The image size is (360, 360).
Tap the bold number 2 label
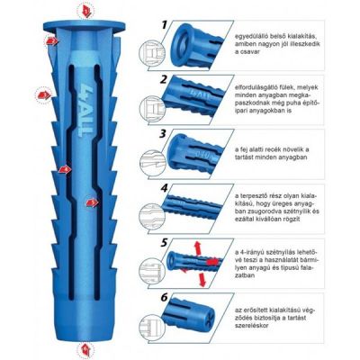pos(165,79)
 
